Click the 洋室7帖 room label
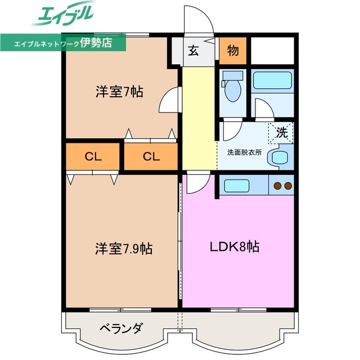point(119,92)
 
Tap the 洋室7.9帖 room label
point(123,247)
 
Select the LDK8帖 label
point(235,246)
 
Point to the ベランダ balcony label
point(121,328)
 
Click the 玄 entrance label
point(193,51)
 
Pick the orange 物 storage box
point(233,51)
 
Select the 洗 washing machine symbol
point(281,133)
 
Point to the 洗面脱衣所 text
point(244,152)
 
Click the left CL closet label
point(93,157)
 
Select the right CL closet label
point(151,157)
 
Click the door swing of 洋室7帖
point(169,101)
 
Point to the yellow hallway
point(199,118)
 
